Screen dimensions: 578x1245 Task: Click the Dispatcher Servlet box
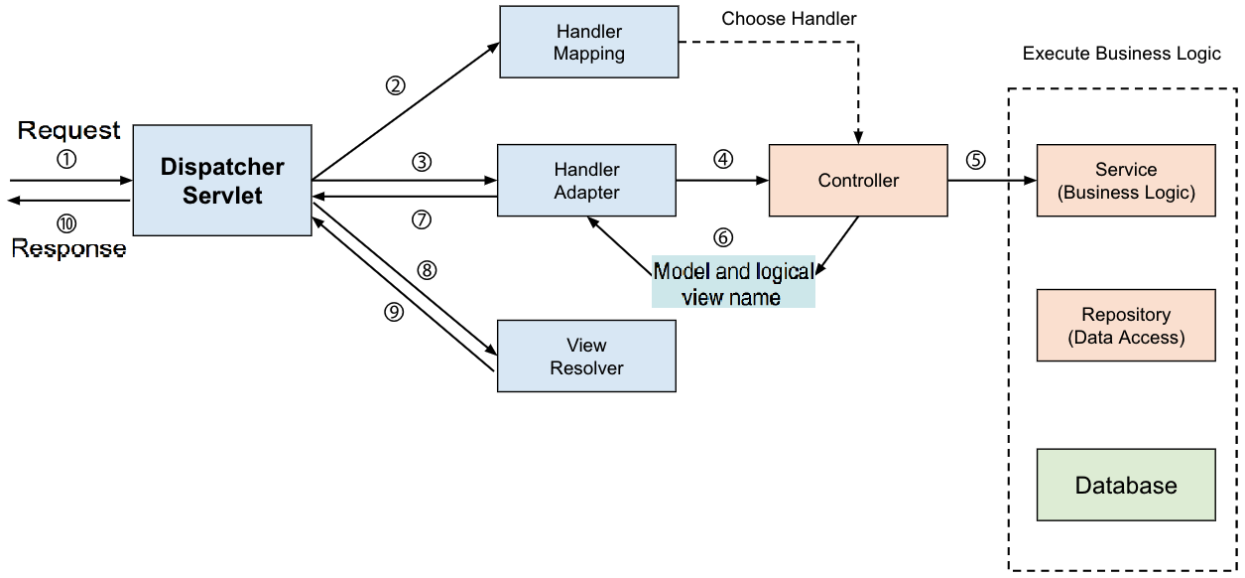pyautogui.click(x=222, y=180)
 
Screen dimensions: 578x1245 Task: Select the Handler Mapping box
pyautogui.click(x=589, y=43)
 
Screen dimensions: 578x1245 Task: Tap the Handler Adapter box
pyautogui.click(x=586, y=181)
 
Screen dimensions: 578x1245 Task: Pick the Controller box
pyautogui.click(x=858, y=181)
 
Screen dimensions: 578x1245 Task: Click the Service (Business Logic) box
pyautogui.click(x=1126, y=181)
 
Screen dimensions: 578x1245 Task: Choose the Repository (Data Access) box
pyautogui.click(x=1126, y=326)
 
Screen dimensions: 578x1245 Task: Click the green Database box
pyautogui.click(x=1126, y=486)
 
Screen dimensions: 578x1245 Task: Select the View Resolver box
pyautogui.click(x=586, y=357)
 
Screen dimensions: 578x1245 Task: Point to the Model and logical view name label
pyautogui.click(x=733, y=284)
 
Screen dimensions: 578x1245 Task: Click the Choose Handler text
pyautogui.click(x=789, y=19)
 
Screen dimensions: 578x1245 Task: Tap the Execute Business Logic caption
pyautogui.click(x=1121, y=54)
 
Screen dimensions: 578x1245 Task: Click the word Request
pyautogui.click(x=69, y=130)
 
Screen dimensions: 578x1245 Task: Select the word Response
pyautogui.click(x=69, y=247)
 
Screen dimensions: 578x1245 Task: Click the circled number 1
pyautogui.click(x=66, y=158)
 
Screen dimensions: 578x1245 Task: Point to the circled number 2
pyautogui.click(x=396, y=85)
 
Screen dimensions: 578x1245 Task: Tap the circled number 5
pyautogui.click(x=976, y=160)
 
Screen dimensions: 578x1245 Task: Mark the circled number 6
pyautogui.click(x=723, y=238)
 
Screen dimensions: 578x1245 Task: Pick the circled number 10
pyautogui.click(x=66, y=223)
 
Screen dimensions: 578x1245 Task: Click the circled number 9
pyautogui.click(x=394, y=312)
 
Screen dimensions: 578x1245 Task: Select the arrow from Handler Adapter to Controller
pyautogui.click(x=722, y=181)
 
